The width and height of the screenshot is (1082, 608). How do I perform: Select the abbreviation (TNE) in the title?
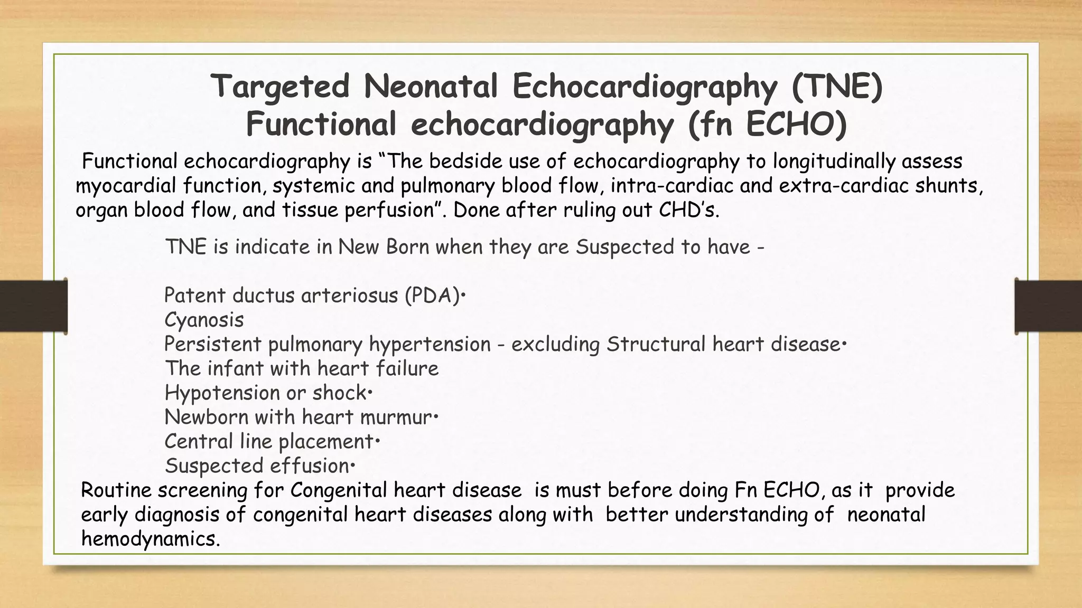coord(837,87)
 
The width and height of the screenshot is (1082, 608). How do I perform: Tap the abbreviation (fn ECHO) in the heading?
coord(768,125)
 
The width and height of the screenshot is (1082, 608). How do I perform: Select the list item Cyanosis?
coord(204,320)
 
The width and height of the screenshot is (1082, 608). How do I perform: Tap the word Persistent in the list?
coord(212,344)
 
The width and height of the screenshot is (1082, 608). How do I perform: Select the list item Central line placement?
coord(269,442)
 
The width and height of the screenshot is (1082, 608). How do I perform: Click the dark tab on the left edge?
coord(33,306)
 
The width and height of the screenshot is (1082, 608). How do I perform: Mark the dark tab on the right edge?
coord(1049,306)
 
